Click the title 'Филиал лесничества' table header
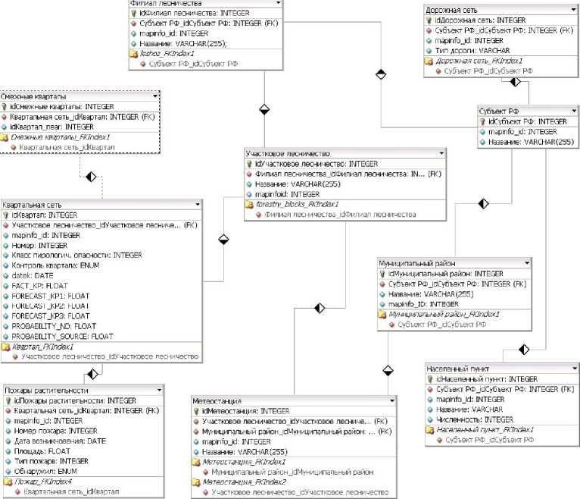click(161, 4)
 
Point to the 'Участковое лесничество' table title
click(281, 152)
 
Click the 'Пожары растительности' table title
click(42, 390)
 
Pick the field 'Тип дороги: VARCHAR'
click(473, 50)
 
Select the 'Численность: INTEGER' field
click(476, 419)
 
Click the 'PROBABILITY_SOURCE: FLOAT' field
click(64, 335)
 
